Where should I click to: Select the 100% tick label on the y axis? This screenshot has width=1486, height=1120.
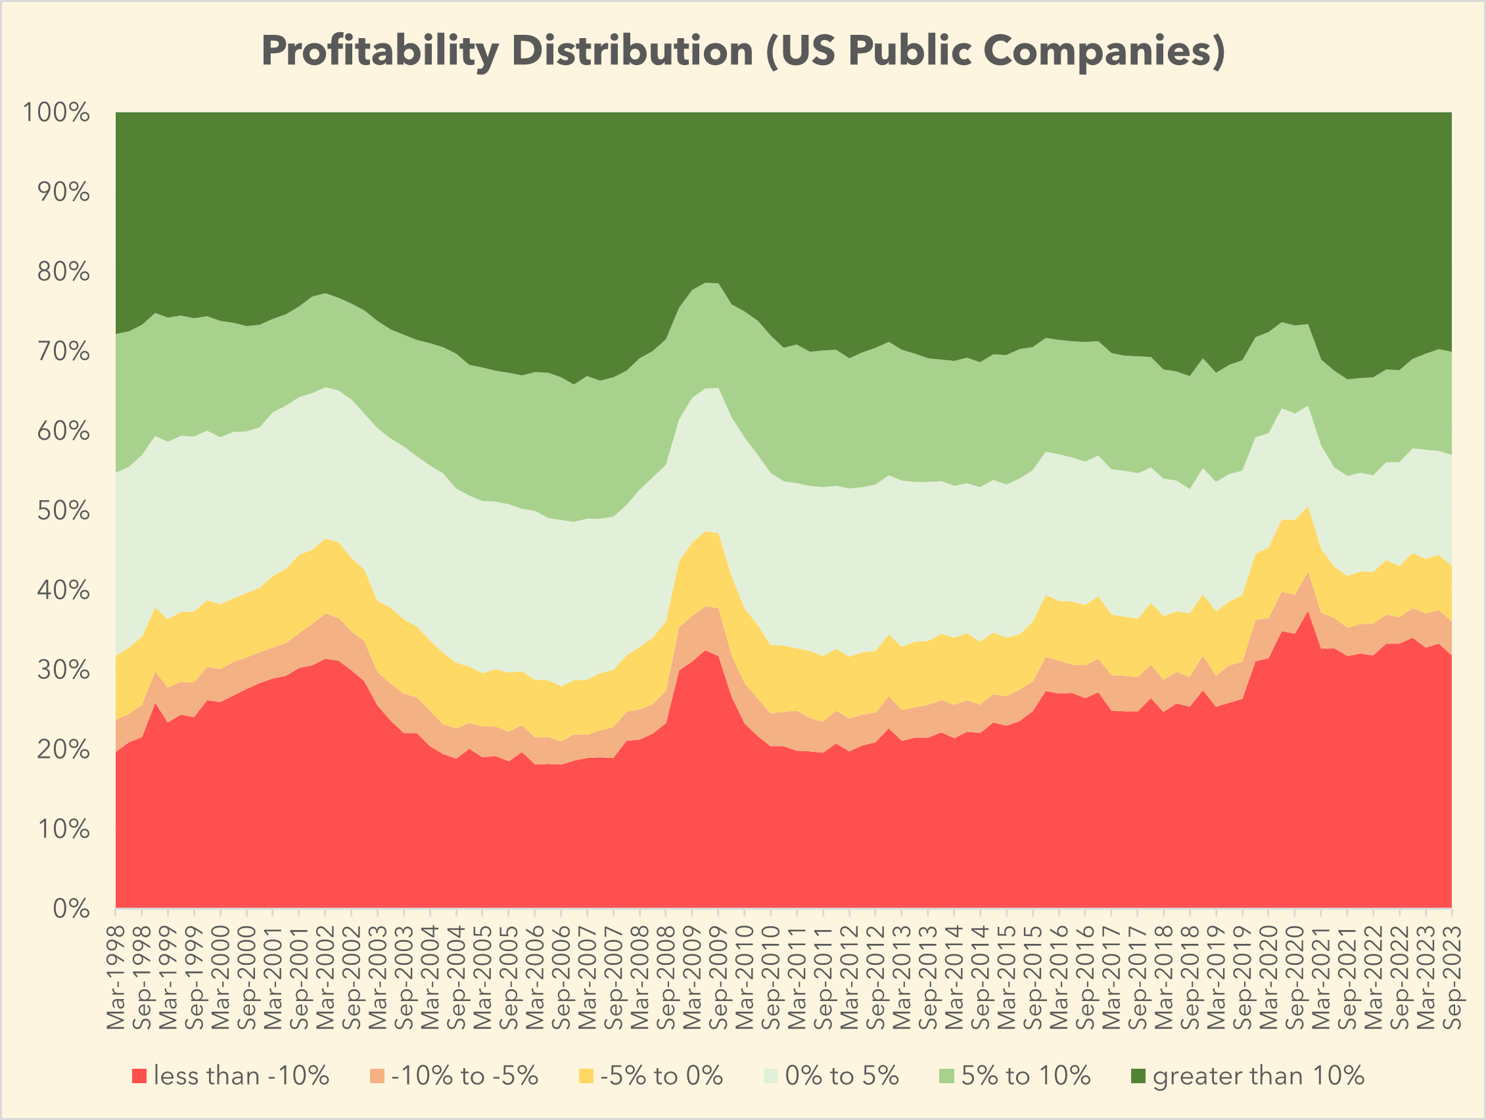[x=57, y=112]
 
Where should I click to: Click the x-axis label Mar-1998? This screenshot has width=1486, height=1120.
[x=116, y=978]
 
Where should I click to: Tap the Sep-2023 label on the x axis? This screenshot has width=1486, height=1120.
[x=1452, y=978]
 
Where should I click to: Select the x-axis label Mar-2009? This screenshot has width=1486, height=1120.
[x=692, y=978]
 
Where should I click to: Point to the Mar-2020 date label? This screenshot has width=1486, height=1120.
[x=1268, y=978]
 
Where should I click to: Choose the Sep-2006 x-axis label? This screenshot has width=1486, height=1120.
[x=562, y=978]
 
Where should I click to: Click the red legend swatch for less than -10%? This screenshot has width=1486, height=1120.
[x=139, y=1076]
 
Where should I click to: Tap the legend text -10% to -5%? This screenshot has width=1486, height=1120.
[x=464, y=1076]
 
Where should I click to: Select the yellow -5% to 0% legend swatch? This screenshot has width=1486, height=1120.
[x=586, y=1076]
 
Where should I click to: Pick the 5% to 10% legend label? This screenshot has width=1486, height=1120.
[x=1025, y=1076]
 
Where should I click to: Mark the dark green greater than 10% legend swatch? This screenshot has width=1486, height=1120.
[x=1138, y=1076]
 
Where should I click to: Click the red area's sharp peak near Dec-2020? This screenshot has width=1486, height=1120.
[x=1307, y=613]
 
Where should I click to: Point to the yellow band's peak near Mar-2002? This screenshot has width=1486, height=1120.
[x=325, y=540]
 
